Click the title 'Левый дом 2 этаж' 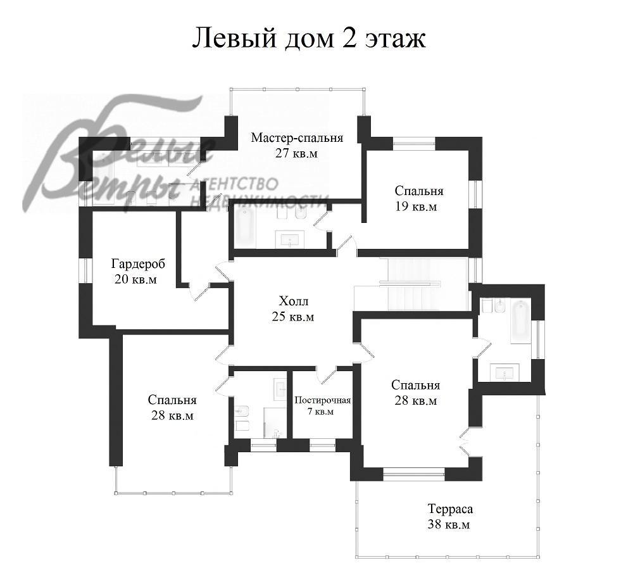pyautogui.click(x=309, y=39)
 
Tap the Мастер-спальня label pyautogui.click(x=297, y=138)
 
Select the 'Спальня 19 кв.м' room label pyautogui.click(x=418, y=198)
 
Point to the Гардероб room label pyautogui.click(x=138, y=264)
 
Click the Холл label pyautogui.click(x=294, y=301)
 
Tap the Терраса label pyautogui.click(x=450, y=509)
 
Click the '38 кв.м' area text pyautogui.click(x=449, y=525)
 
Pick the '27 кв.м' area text pyautogui.click(x=296, y=153)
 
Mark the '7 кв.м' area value pyautogui.click(x=320, y=412)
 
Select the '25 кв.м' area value pyautogui.click(x=292, y=317)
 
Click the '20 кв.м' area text pyautogui.click(x=135, y=279)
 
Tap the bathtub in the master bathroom pyautogui.click(x=245, y=228)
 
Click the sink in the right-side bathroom pyautogui.click(x=505, y=372)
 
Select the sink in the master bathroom pyautogui.click(x=291, y=239)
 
